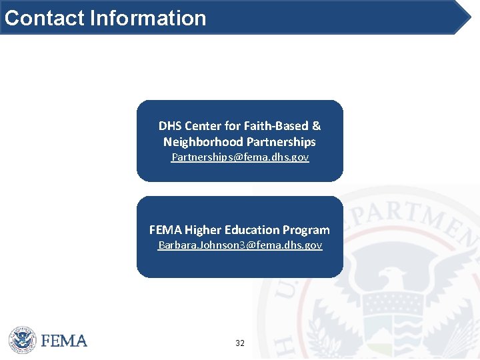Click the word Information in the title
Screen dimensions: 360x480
tap(147, 17)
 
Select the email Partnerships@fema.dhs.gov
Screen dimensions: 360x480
tap(240, 157)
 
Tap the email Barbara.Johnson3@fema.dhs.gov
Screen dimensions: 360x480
tap(240, 245)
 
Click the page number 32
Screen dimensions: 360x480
tap(240, 343)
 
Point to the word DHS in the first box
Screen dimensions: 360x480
tap(170, 125)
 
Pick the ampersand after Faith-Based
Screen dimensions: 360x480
tap(316, 125)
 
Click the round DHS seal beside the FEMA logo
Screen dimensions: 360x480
tap(22, 340)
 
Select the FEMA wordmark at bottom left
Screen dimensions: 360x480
tap(64, 341)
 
